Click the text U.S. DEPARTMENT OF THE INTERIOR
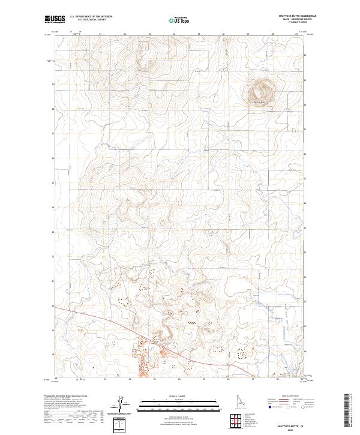pyautogui.click(x=91, y=17)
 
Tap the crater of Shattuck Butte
pyautogui.click(x=260, y=92)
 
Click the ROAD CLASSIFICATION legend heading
pyautogui.click(x=293, y=397)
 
